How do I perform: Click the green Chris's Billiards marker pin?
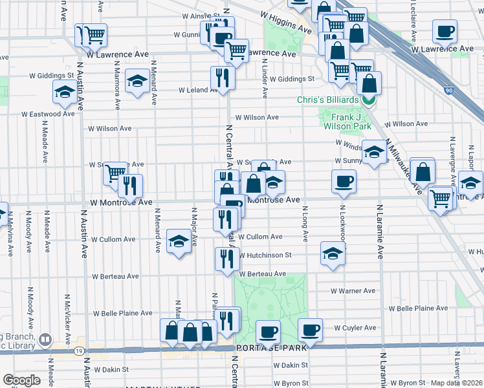pyautogui.click(x=369, y=100)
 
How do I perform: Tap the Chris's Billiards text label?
pyautogui.click(x=327, y=100)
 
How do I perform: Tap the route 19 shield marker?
pyautogui.click(x=78, y=350)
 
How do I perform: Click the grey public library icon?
pyautogui.click(x=45, y=339)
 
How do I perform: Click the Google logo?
pyautogui.click(x=21, y=380)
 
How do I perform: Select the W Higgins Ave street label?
pyautogui.click(x=286, y=22)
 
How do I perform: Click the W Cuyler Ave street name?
pyautogui.click(x=355, y=328)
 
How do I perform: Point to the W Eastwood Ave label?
pyautogui.click(x=48, y=114)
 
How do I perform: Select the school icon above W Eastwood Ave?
pyautogui.click(x=64, y=93)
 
